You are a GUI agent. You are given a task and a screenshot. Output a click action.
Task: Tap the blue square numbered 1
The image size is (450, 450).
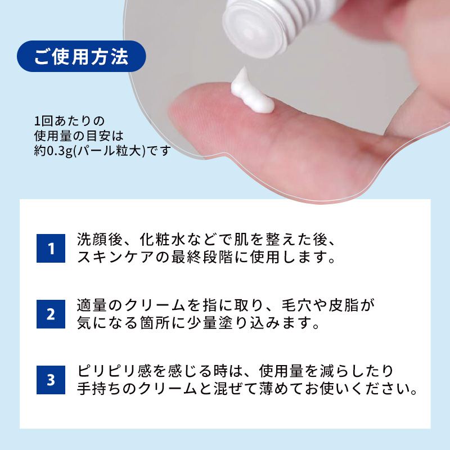pyautogui.click(x=51, y=249)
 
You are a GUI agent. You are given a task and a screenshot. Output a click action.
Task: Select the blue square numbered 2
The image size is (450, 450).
pyautogui.click(x=51, y=314)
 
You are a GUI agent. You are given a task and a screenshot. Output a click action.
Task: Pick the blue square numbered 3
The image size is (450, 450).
pyautogui.click(x=51, y=380)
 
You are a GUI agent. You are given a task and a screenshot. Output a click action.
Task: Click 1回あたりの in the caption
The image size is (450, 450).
pyautogui.click(x=61, y=121)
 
